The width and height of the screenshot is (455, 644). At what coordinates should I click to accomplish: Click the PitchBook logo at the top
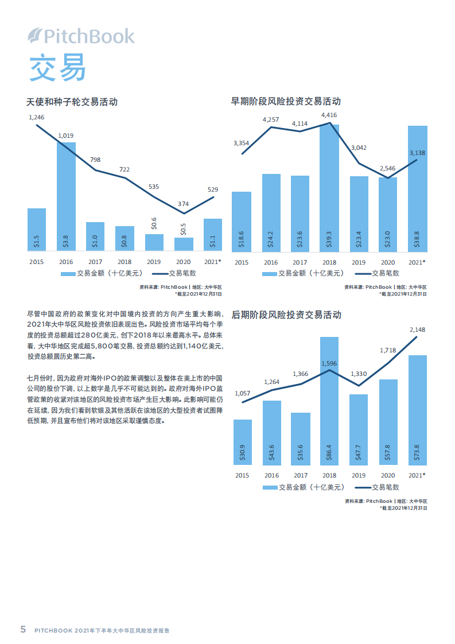(x=81, y=37)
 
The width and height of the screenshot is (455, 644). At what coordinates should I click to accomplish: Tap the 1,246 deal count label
(x=36, y=117)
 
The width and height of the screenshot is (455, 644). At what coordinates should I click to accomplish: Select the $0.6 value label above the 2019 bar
(x=154, y=224)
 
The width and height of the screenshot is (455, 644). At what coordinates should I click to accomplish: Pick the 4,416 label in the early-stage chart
(x=329, y=115)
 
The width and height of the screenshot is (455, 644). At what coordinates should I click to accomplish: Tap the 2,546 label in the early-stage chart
(x=387, y=168)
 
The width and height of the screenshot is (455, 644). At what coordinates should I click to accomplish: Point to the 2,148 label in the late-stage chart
(x=417, y=329)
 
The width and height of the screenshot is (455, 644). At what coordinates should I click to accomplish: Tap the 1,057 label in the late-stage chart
(x=242, y=393)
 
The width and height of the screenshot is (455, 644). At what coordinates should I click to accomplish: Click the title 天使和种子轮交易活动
(x=72, y=102)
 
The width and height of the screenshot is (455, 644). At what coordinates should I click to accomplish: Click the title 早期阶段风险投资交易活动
(x=286, y=101)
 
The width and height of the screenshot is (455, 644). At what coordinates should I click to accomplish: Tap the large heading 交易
(x=57, y=68)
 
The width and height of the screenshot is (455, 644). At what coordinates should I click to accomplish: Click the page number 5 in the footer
(x=23, y=629)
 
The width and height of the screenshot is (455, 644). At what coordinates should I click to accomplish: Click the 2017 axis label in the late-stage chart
(x=300, y=475)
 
